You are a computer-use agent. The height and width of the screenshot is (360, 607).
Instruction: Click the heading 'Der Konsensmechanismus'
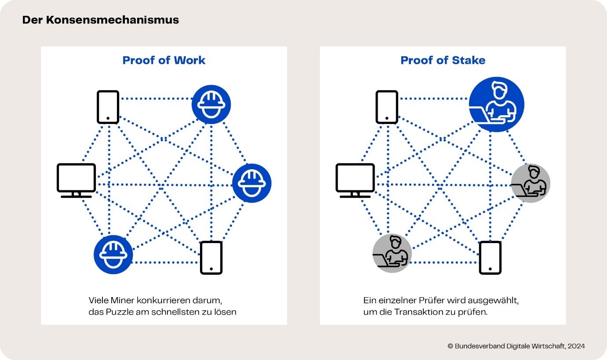tap(101, 20)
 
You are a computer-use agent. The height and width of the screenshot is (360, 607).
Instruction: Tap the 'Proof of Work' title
tap(164, 60)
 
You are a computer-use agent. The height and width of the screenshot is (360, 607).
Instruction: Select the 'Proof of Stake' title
tap(443, 60)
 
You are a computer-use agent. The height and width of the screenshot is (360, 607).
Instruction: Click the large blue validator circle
tap(496, 104)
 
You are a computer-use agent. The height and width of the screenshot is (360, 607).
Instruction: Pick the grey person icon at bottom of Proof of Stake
tap(392, 253)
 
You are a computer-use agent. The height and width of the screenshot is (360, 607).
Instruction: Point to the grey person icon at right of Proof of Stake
tap(531, 183)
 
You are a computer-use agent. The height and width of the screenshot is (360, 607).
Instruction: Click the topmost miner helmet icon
tap(211, 104)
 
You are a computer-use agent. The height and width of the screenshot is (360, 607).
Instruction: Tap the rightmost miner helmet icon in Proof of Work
tap(252, 183)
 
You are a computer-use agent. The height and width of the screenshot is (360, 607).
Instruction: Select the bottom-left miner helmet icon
tap(113, 255)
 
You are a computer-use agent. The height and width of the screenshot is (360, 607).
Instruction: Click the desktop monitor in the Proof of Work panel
tap(76, 181)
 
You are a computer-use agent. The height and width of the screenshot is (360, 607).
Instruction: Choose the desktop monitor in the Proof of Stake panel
tap(355, 181)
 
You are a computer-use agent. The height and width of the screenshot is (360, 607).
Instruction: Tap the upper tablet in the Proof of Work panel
tap(108, 107)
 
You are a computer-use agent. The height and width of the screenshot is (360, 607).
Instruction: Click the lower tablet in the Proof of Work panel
tap(211, 258)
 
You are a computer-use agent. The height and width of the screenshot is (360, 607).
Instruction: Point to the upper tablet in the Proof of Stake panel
tap(387, 107)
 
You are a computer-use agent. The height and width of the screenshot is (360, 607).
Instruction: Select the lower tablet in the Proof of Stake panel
tap(490, 258)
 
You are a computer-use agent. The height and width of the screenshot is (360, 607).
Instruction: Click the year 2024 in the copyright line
tap(576, 346)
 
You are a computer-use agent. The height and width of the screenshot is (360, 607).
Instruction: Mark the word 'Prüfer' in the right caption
tap(432, 300)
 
